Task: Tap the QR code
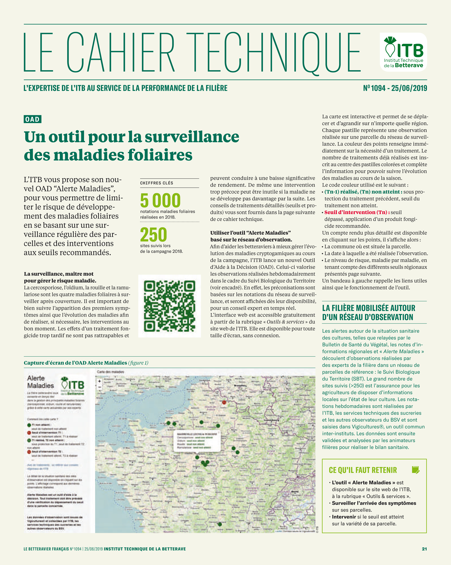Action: [x=170, y=306]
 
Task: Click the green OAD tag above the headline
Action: [x=32, y=119]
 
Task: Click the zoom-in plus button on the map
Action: [x=99, y=381]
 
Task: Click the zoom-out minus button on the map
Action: [x=99, y=387]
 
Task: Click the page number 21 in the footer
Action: [x=424, y=549]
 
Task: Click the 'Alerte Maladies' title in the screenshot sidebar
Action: [x=41, y=382]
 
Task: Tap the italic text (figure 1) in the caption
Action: [x=138, y=363]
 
